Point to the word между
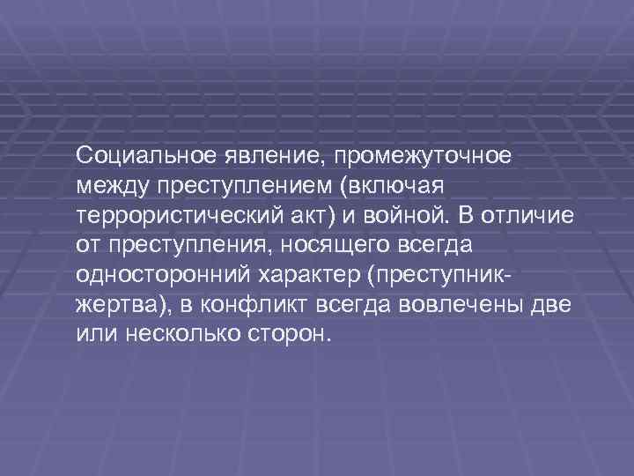coord(114,186)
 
